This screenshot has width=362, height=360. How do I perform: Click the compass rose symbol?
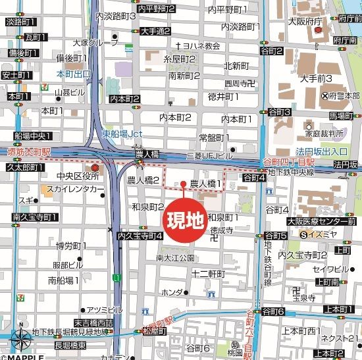tap(19, 341)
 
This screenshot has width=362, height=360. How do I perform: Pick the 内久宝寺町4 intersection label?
tap(139, 235)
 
